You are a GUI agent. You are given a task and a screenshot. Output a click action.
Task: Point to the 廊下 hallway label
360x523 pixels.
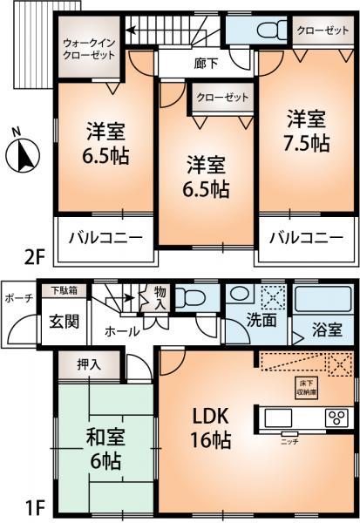pos(206,64)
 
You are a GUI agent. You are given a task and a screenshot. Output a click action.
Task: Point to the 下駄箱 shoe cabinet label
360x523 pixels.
pos(64,289)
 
